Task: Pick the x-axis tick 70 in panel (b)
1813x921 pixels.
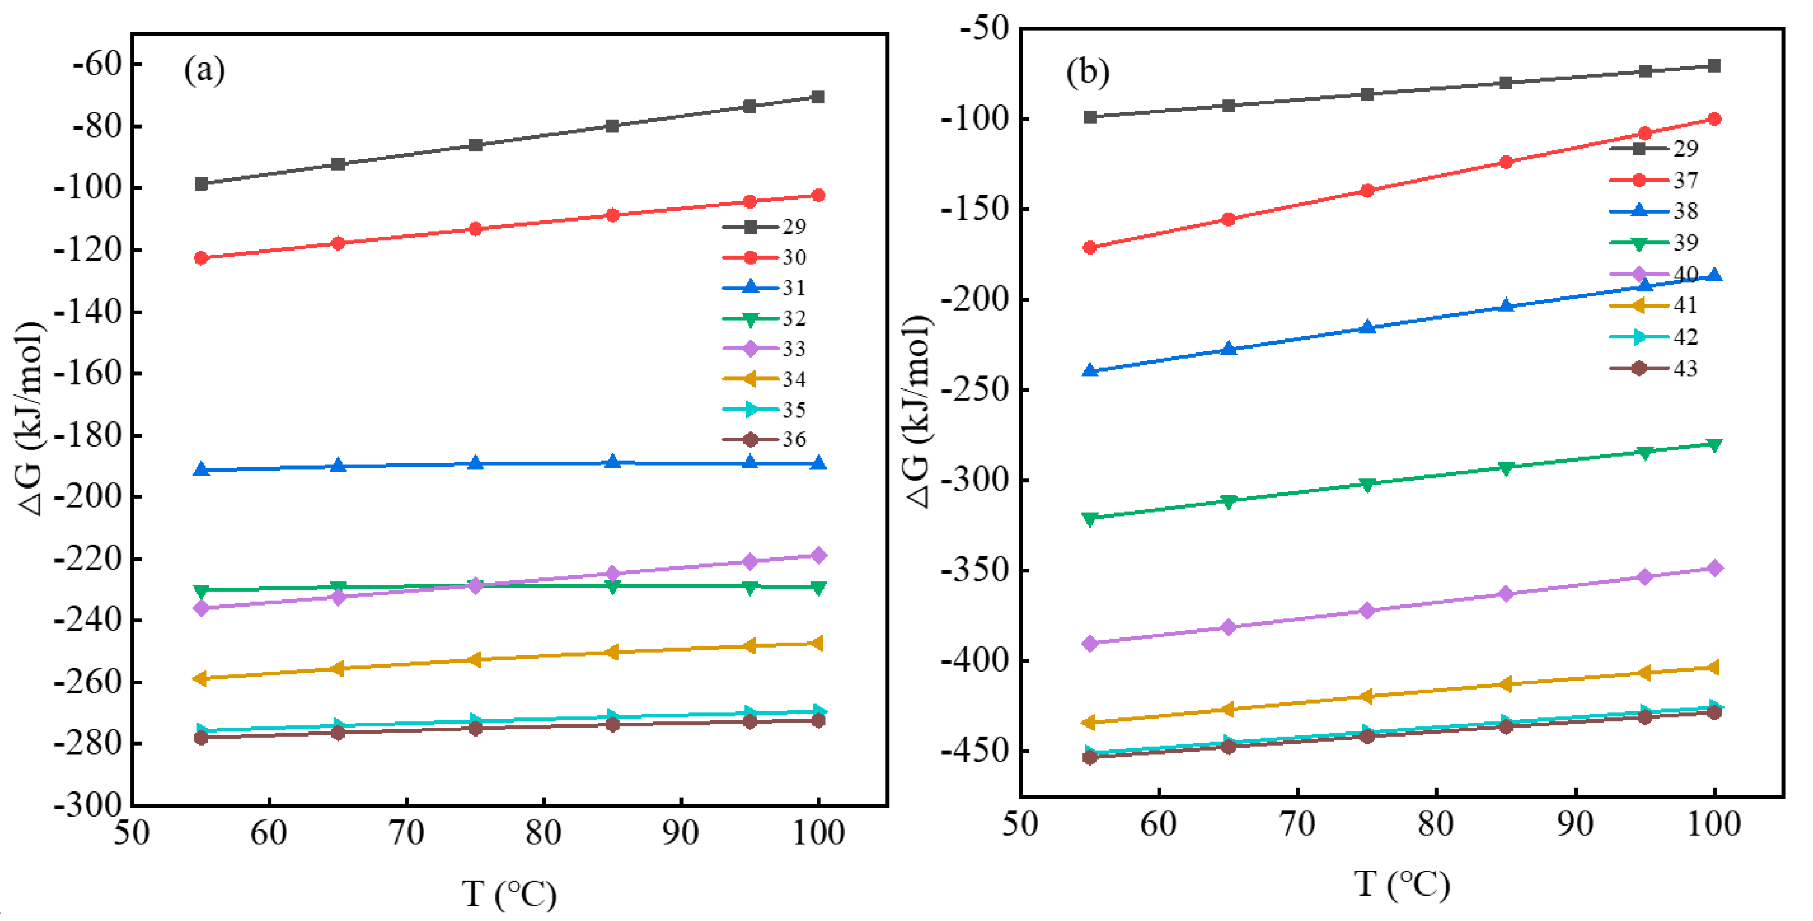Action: pyautogui.click(x=1297, y=824)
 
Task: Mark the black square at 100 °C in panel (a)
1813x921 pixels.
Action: pyautogui.click(x=818, y=97)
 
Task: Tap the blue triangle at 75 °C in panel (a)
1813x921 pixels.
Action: pyautogui.click(x=476, y=462)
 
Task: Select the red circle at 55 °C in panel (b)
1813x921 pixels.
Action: pyautogui.click(x=1090, y=248)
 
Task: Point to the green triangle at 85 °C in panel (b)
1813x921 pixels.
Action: pyautogui.click(x=1506, y=468)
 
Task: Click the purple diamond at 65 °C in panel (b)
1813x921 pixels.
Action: pyautogui.click(x=1228, y=627)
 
